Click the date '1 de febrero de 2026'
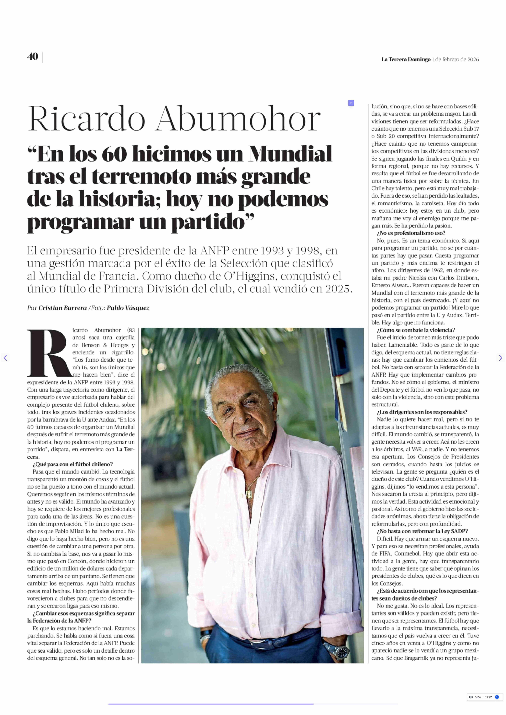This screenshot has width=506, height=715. [x=455, y=59]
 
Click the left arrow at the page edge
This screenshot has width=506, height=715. [x=5, y=358]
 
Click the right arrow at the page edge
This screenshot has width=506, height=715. [x=500, y=358]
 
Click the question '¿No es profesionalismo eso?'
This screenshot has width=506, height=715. [x=411, y=233]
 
